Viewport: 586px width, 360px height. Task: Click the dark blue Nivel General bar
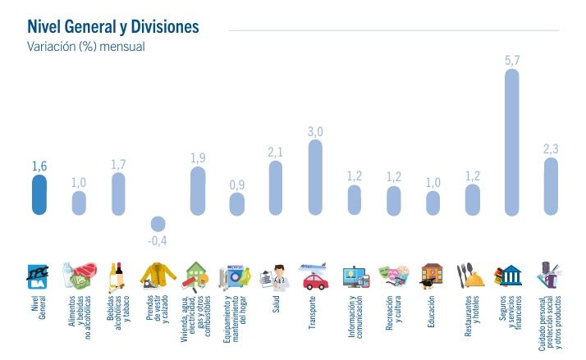39,195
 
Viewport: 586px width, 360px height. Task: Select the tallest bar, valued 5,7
511,142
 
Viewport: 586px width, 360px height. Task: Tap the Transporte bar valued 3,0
315,177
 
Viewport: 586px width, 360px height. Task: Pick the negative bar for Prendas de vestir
158,223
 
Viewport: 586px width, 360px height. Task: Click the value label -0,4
158,240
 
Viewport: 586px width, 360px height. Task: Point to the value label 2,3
551,148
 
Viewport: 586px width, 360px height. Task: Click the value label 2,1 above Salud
276,152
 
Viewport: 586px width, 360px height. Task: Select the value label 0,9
236,185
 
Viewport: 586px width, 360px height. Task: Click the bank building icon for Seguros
511,276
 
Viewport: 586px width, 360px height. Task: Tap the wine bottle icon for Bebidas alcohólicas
118,276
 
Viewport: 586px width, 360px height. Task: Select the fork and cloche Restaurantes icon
472,276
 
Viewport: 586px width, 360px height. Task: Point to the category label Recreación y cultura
393,312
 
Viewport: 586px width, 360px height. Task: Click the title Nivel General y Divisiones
113,27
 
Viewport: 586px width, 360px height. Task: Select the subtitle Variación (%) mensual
86,47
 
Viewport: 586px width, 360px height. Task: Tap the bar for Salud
276,188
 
